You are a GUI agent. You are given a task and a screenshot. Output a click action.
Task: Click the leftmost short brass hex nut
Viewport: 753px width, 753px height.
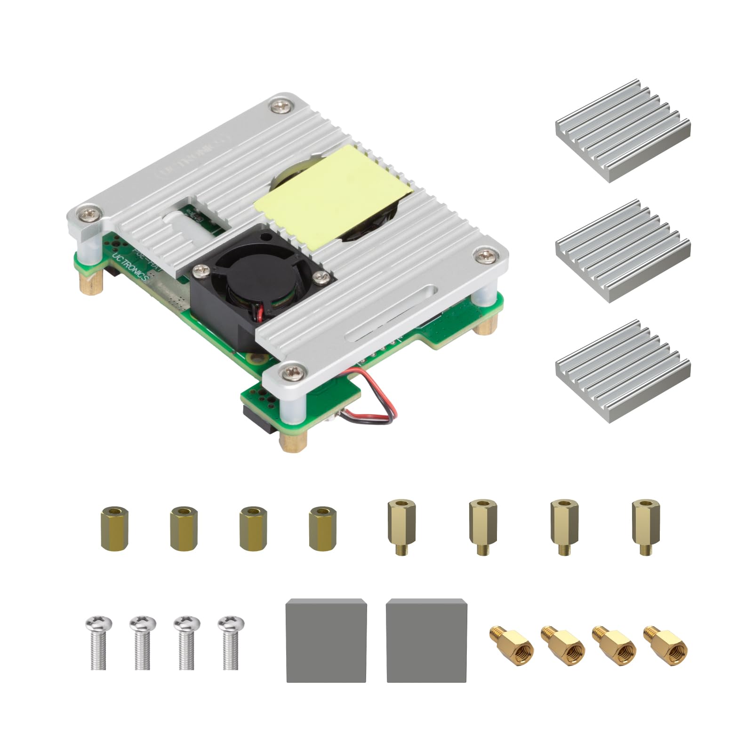coord(114,528)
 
